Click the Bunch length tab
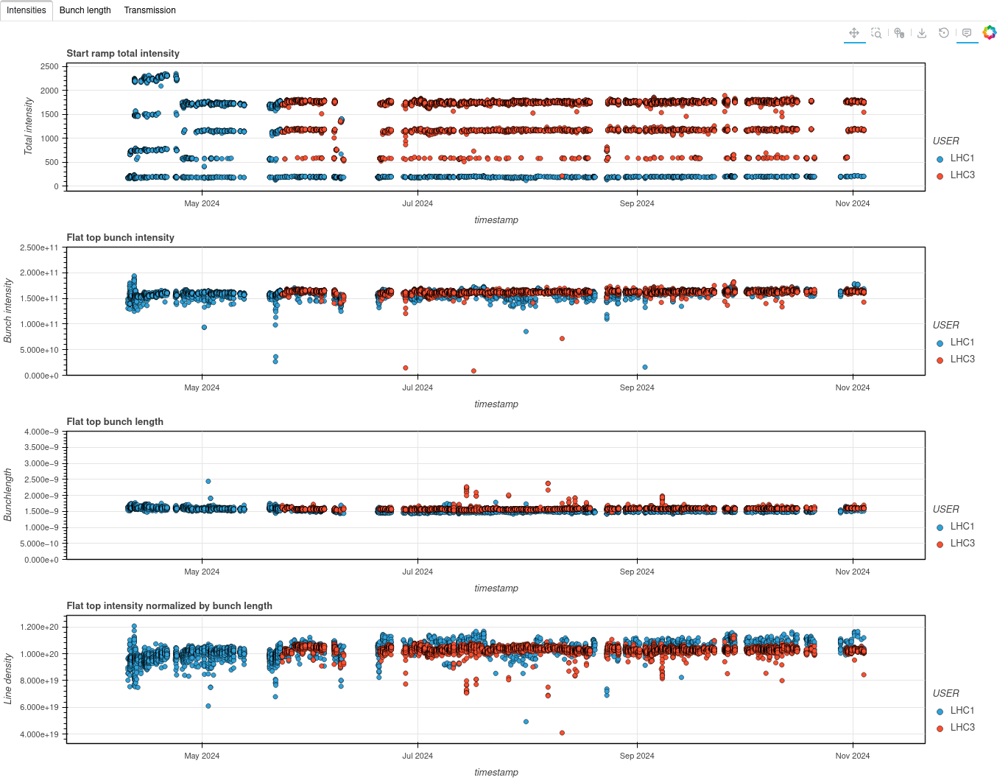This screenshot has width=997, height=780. click(85, 10)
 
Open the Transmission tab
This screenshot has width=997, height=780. click(149, 10)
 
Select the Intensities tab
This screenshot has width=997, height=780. click(27, 10)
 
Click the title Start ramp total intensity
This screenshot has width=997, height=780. click(123, 53)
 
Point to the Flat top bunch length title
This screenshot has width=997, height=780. click(115, 421)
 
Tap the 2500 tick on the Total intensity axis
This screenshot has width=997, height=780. click(49, 66)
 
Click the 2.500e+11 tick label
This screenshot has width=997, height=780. click(39, 247)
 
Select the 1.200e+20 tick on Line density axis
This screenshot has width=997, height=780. click(40, 627)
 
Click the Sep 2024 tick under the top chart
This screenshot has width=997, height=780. click(636, 203)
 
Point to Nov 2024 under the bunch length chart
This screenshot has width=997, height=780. click(852, 572)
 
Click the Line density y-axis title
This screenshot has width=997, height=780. click(8, 678)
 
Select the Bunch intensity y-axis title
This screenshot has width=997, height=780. click(8, 310)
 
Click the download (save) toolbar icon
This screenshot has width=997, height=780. click(922, 33)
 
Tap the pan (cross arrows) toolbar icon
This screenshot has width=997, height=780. click(854, 33)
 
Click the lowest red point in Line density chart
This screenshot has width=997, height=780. click(562, 733)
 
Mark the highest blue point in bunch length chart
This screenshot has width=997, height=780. click(208, 481)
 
